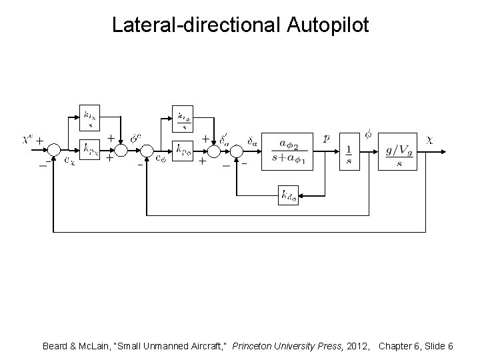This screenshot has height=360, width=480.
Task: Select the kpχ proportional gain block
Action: coord(90,151)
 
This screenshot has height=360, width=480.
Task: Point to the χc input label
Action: coord(27,139)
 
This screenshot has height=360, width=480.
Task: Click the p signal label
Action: coord(326,139)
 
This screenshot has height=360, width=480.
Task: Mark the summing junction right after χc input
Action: coord(54,151)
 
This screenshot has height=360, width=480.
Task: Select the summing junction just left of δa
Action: coord(236,151)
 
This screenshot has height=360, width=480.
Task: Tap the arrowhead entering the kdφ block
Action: coord(302,195)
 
